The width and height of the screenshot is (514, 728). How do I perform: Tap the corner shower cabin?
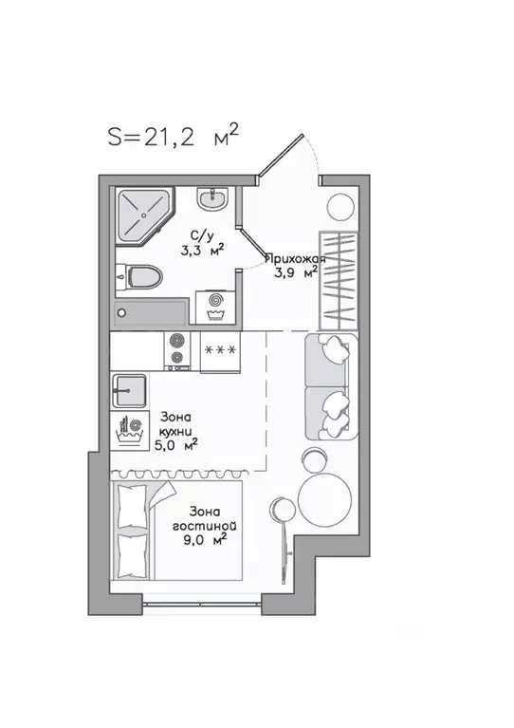pos(139,215)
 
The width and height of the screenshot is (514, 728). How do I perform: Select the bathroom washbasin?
pos(211,200)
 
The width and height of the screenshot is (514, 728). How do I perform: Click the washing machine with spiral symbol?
pos(215,304)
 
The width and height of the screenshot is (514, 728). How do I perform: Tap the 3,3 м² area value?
pos(202,252)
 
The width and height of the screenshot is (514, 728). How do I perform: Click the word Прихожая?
pos(295,258)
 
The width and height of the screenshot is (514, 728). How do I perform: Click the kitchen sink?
pos(129,390)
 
